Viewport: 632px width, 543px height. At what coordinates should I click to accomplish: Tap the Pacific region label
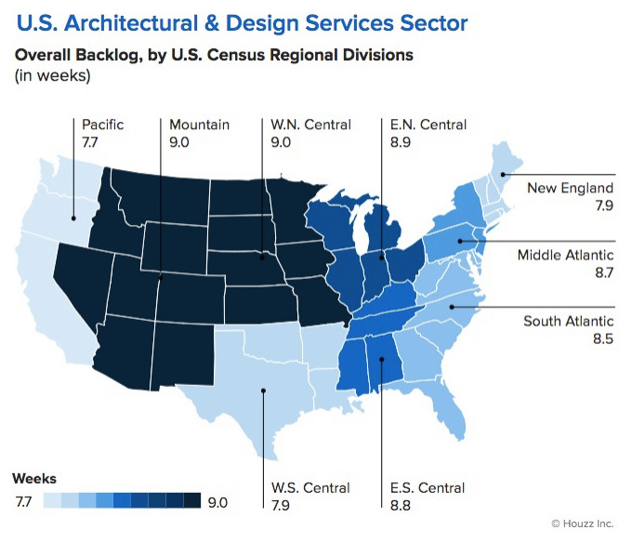point(102,125)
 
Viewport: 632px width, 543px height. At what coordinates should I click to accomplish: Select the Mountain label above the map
point(199,125)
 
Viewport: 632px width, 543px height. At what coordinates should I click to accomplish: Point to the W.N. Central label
point(309,125)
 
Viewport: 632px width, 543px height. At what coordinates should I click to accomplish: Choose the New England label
point(570,188)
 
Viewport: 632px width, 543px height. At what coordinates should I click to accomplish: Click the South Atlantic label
point(568,322)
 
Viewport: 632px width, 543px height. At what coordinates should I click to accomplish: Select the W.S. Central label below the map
point(310,487)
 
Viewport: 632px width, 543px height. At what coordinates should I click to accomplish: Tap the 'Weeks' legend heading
point(34,479)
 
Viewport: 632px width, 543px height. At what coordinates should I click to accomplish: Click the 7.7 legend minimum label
point(23,502)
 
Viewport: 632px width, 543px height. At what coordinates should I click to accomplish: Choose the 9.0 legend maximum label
point(217,502)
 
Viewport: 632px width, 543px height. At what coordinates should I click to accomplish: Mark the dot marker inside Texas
point(262,391)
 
